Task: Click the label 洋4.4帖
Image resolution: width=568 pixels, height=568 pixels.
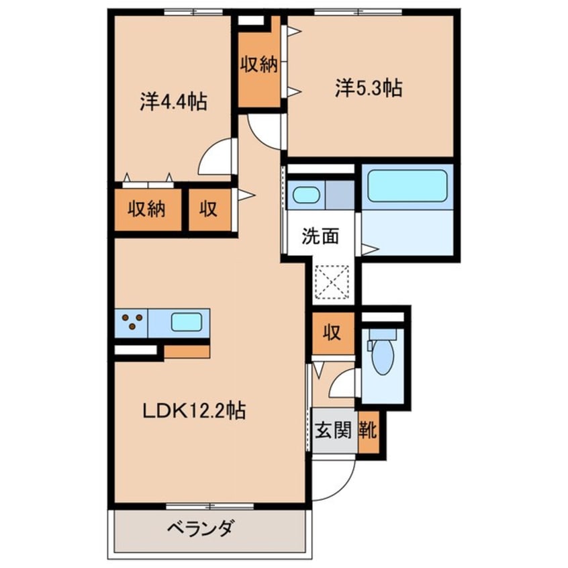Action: [x=173, y=102]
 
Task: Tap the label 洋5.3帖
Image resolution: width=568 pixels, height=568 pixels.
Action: [x=369, y=88]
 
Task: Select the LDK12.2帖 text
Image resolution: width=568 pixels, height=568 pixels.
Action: [x=193, y=410]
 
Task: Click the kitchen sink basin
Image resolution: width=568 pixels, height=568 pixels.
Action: [x=186, y=322]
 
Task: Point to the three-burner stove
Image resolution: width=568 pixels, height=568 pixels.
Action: [x=132, y=322]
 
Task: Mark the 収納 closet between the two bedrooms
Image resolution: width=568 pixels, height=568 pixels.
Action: [x=258, y=65]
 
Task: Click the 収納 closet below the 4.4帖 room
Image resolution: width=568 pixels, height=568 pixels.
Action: [x=147, y=209]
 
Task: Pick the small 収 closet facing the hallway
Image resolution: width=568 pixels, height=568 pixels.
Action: [x=207, y=209]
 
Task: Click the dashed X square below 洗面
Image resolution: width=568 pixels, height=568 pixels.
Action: [x=332, y=281]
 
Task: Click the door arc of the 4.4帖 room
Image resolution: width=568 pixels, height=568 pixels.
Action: [x=216, y=158]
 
